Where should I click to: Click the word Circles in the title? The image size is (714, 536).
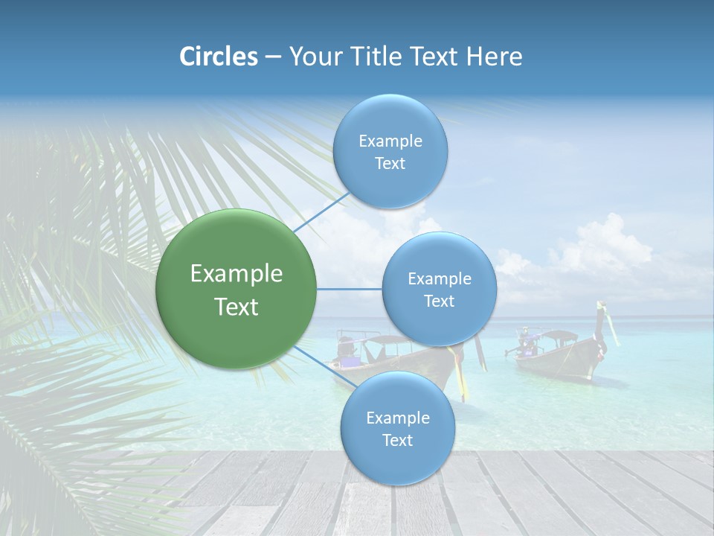point(219,57)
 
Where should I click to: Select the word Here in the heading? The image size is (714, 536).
point(496,57)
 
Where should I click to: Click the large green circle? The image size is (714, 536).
point(236,289)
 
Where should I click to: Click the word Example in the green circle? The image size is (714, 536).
point(237,274)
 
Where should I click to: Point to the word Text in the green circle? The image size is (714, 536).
point(237,307)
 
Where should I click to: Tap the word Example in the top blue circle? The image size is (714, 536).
point(390,141)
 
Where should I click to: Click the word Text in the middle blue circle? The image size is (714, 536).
point(439,301)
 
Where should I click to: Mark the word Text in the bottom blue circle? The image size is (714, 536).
point(397,440)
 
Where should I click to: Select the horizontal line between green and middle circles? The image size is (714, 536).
point(349,289)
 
